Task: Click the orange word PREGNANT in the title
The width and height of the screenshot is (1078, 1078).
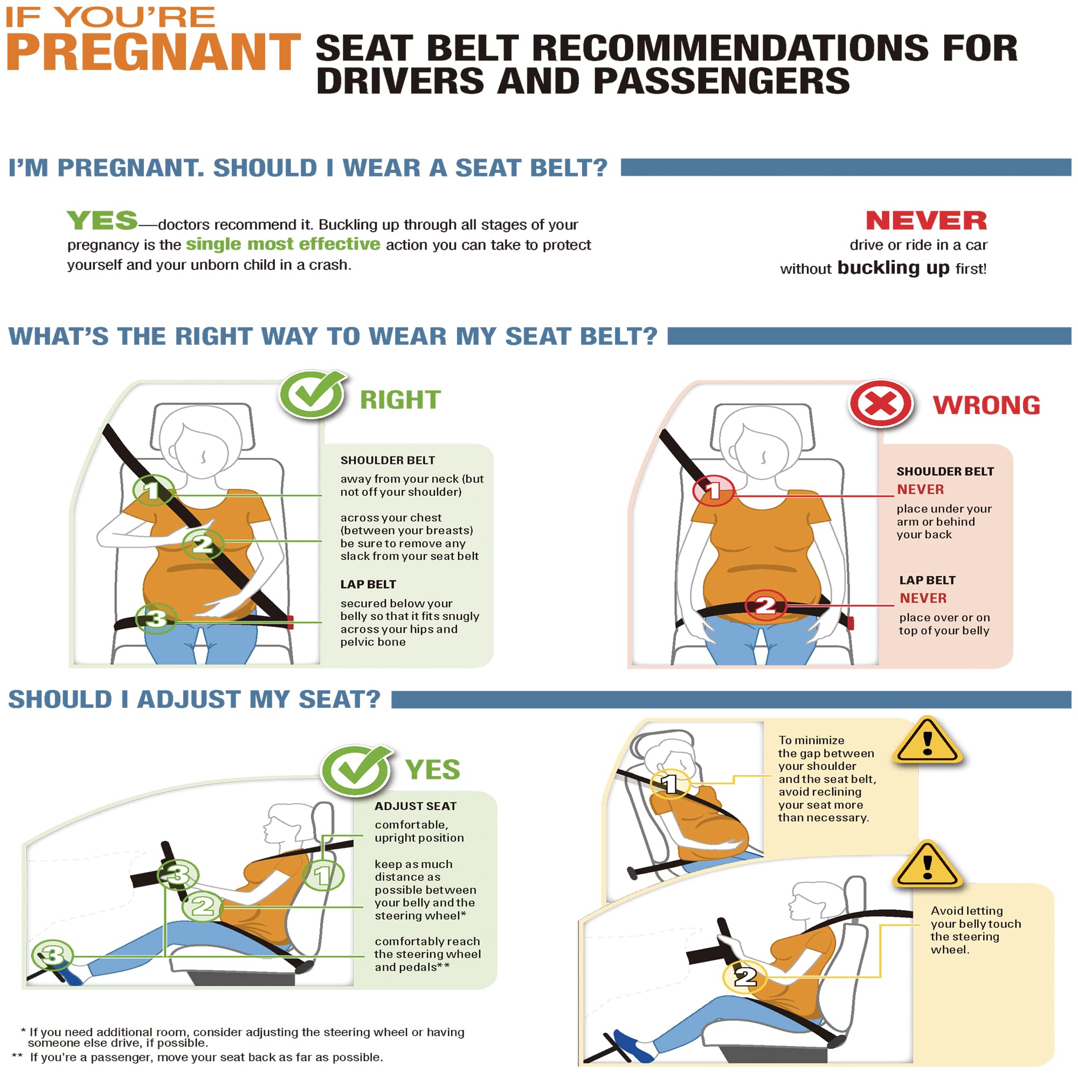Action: (154, 52)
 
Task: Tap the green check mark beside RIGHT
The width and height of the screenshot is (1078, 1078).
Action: (313, 394)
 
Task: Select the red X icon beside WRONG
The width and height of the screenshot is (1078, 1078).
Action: (881, 403)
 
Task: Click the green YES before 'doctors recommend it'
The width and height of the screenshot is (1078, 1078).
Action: (102, 221)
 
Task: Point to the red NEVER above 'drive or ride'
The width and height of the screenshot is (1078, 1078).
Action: (926, 220)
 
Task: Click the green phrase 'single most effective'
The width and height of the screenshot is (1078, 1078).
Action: (283, 244)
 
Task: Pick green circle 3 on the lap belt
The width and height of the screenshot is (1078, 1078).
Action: (157, 618)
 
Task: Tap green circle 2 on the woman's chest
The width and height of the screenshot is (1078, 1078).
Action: (203, 544)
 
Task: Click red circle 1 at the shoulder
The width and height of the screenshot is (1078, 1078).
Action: (713, 491)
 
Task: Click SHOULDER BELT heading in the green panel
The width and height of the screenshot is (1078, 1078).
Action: (388, 460)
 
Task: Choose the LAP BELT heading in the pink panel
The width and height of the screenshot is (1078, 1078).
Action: (927, 581)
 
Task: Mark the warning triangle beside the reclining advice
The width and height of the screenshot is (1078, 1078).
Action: (927, 741)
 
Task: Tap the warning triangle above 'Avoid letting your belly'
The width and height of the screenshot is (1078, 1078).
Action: (927, 865)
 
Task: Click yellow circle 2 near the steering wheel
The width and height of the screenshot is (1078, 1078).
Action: (745, 977)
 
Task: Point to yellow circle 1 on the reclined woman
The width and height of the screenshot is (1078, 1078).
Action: (670, 784)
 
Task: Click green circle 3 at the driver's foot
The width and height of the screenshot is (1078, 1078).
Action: (52, 955)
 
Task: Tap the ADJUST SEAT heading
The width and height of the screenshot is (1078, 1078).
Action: (416, 806)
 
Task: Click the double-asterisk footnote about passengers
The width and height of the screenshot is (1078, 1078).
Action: (197, 1058)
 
